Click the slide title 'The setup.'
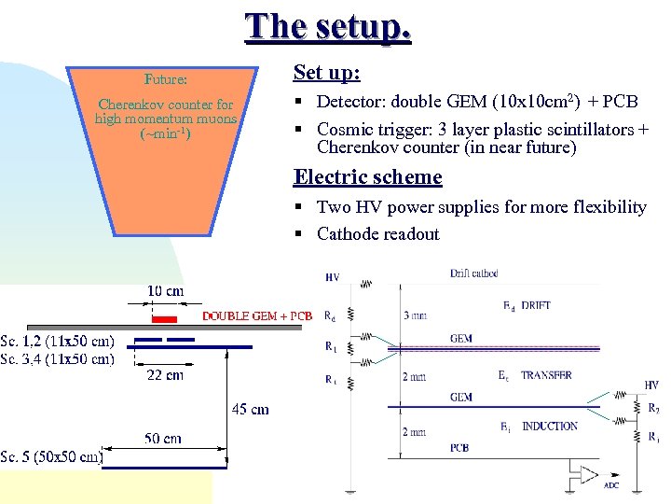pyautogui.click(x=328, y=26)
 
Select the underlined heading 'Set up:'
pyautogui.click(x=326, y=72)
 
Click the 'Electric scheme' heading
pyautogui.click(x=367, y=176)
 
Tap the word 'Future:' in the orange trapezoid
pyautogui.click(x=166, y=79)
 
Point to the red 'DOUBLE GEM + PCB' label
pyautogui.click(x=257, y=316)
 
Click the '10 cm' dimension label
pyautogui.click(x=165, y=291)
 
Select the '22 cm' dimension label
pyautogui.click(x=165, y=374)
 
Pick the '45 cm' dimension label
pyautogui.click(x=250, y=409)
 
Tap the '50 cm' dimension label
pyautogui.click(x=163, y=439)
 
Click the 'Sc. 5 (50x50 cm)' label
pyautogui.click(x=51, y=456)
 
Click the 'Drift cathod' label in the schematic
pyautogui.click(x=473, y=273)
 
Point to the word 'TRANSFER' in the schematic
pyautogui.click(x=546, y=375)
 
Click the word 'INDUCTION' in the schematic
pyautogui.click(x=550, y=427)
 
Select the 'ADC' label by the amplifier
pyautogui.click(x=610, y=485)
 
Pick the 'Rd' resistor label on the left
pyautogui.click(x=330, y=315)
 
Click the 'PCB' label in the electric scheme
pyautogui.click(x=459, y=448)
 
